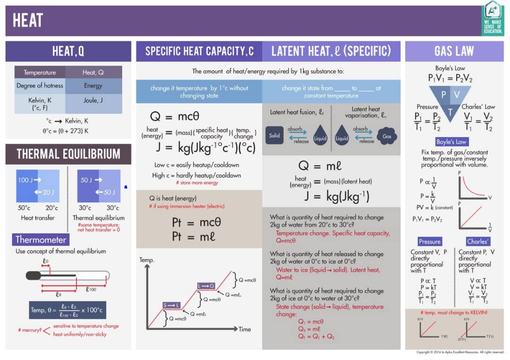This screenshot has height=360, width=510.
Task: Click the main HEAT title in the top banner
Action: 28,20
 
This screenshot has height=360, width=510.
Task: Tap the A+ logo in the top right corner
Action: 493,18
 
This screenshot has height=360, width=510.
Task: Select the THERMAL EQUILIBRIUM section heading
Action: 68,154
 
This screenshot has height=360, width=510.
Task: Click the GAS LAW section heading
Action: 454,51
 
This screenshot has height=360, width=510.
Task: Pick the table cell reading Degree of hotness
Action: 40,86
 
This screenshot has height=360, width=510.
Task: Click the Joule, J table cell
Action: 93,100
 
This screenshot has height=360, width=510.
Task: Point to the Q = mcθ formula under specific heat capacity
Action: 175,116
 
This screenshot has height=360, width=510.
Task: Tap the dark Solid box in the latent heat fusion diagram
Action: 274,136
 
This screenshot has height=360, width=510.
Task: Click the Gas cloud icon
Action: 387,136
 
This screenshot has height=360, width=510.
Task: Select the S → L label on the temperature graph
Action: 171,305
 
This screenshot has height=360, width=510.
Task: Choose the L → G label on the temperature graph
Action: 206,286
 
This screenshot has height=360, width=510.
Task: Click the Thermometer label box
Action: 41,240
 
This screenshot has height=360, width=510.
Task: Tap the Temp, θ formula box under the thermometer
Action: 68,310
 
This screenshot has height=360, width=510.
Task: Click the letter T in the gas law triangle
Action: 450,112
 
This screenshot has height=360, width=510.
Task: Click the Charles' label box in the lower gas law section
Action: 478,241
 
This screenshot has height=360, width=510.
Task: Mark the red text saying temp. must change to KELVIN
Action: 454,313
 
